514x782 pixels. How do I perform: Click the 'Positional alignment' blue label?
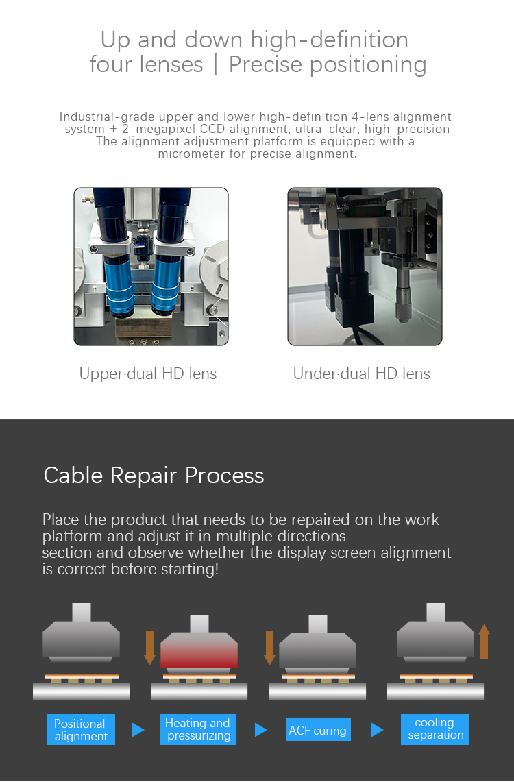pos(81,730)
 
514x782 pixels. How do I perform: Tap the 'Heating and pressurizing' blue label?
pos(198,730)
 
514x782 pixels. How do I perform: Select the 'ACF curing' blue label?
pos(317,731)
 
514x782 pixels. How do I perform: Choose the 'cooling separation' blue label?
pos(435,729)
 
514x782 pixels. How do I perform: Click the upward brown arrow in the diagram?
pos(485,642)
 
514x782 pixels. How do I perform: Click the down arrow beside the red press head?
pos(150,648)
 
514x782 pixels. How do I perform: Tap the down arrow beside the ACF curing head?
pos(269,648)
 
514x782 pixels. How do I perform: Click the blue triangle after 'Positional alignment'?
pos(138,730)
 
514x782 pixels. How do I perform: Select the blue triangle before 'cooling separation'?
pos(377,730)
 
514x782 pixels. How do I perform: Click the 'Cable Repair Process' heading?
pos(154,476)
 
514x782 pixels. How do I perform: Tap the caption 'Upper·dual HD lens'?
pos(148,374)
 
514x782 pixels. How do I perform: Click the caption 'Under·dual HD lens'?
pos(362,374)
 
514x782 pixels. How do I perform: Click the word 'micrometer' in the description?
pos(193,154)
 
